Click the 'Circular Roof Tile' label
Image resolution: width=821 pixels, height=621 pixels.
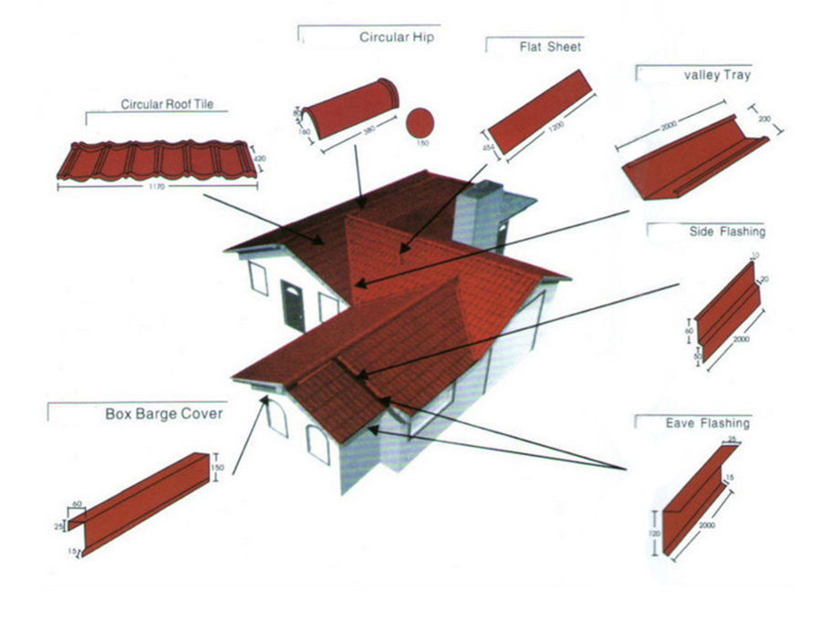coord(166,105)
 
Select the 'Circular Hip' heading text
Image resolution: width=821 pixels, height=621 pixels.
coord(396,38)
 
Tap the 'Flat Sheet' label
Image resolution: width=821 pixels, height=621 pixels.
coord(550,47)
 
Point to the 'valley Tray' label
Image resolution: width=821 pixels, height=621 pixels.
coord(716,76)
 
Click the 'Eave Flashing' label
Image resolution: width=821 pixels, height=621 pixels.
coord(707,423)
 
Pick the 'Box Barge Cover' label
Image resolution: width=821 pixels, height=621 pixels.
coord(164,414)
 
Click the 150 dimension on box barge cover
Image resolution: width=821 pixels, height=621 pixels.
coord(217,468)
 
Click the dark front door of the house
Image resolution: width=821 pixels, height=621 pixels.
coord(293,305)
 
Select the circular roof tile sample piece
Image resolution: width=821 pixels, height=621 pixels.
coord(152,161)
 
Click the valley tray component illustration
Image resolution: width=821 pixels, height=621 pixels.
coord(689,160)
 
